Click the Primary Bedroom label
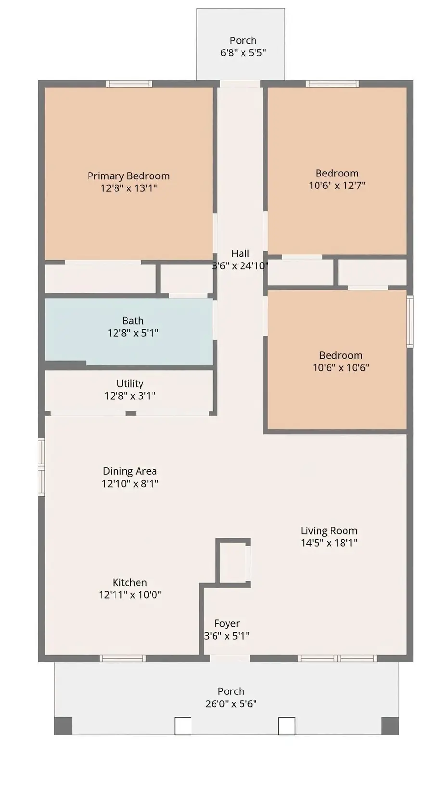tap(128, 176)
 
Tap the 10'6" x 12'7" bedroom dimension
tap(337, 185)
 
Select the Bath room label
tap(133, 320)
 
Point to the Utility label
tap(130, 383)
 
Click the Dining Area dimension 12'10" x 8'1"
tap(130, 483)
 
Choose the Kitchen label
tap(129, 582)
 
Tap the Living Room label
tap(329, 530)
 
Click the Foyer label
tap(227, 624)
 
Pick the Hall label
tap(241, 253)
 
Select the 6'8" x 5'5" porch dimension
tap(243, 52)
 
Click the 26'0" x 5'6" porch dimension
tap(231, 703)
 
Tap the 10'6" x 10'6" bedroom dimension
tap(341, 367)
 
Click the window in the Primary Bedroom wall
tap(129, 84)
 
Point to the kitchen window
tap(123, 658)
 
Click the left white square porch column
tap(183, 726)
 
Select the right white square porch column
tap(287, 726)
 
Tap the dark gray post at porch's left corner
tap(63, 726)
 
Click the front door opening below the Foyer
tap(230, 658)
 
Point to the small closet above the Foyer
tap(233, 562)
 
